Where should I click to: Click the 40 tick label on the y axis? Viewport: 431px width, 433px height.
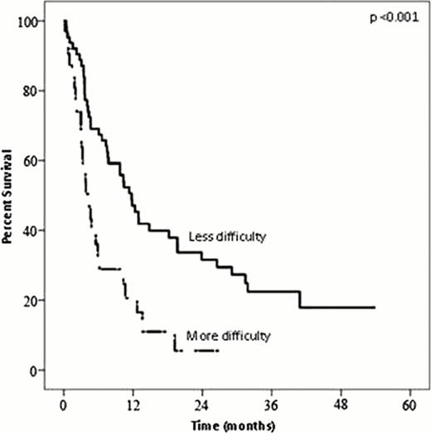point(34,231)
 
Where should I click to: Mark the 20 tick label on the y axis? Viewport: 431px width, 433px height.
point(34,300)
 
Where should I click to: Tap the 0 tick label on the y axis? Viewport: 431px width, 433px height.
point(37,370)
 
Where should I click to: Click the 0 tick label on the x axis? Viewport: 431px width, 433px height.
point(63,404)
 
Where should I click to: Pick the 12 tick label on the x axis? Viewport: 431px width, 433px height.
point(132,404)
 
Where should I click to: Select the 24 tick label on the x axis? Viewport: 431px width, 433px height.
point(201,404)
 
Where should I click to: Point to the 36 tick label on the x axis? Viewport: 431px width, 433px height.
point(270,404)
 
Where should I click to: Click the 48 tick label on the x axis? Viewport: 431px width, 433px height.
point(340,404)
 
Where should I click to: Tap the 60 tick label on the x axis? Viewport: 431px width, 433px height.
point(409,404)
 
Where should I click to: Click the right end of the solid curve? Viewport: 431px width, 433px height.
point(375,307)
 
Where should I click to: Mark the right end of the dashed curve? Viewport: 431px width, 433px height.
point(217,351)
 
